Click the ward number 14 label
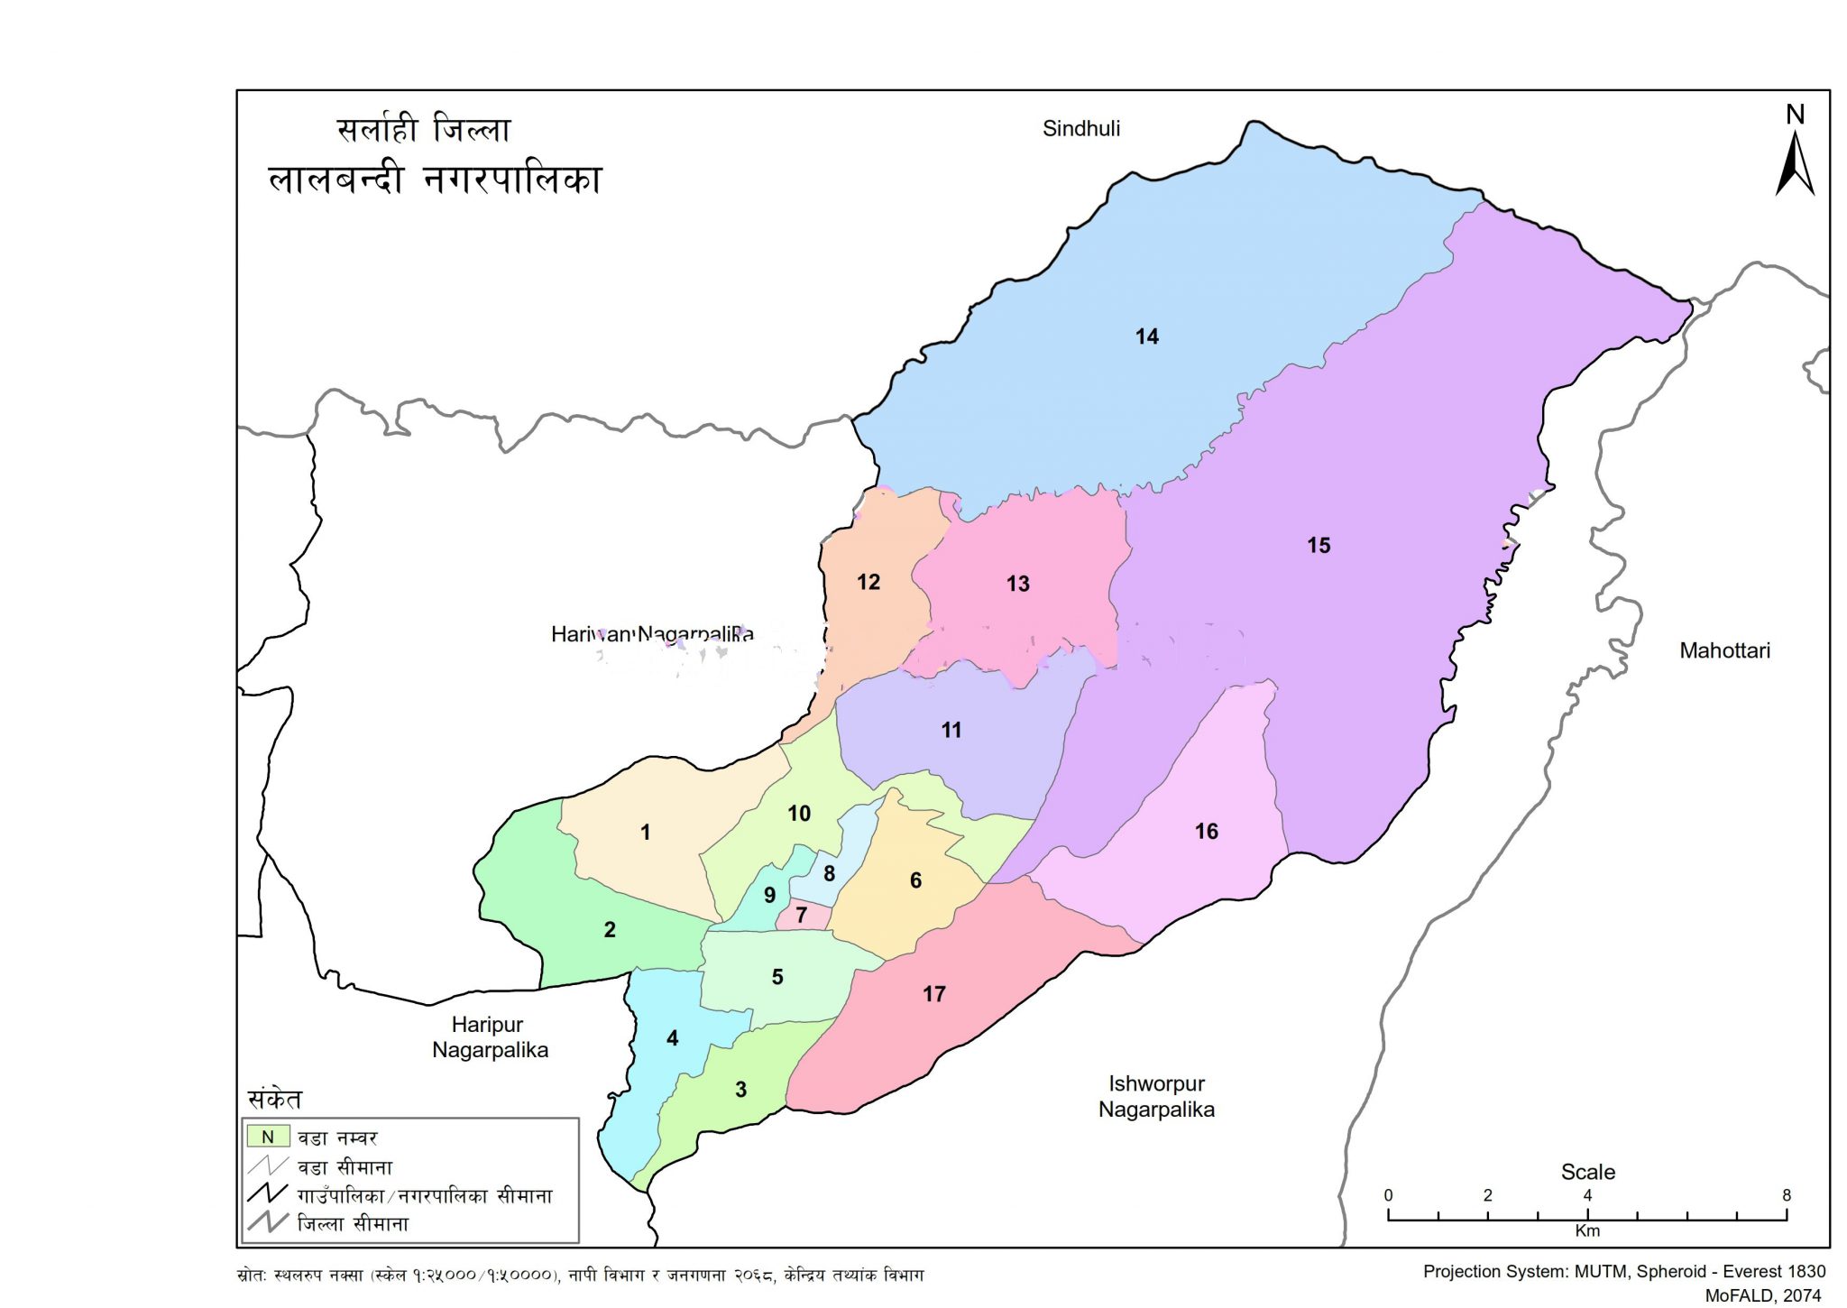pos(1146,336)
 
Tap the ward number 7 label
pos(801,915)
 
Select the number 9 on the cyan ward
pos(769,895)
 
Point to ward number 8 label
pos(829,873)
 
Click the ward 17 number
pos(933,994)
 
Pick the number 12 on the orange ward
pos(868,582)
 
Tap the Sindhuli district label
pos(1080,128)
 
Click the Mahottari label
pos(1723,650)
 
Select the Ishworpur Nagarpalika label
pos(1155,1096)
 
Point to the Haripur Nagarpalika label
pos(489,1036)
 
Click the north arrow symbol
pos(1794,162)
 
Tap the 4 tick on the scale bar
pos(1586,1195)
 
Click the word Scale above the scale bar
pos(1587,1172)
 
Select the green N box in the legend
pos(268,1137)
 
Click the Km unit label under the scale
pos(1586,1230)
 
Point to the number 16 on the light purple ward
pos(1206,831)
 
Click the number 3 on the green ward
pos(740,1089)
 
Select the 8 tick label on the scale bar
pos(1786,1195)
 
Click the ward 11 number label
pos(951,730)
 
